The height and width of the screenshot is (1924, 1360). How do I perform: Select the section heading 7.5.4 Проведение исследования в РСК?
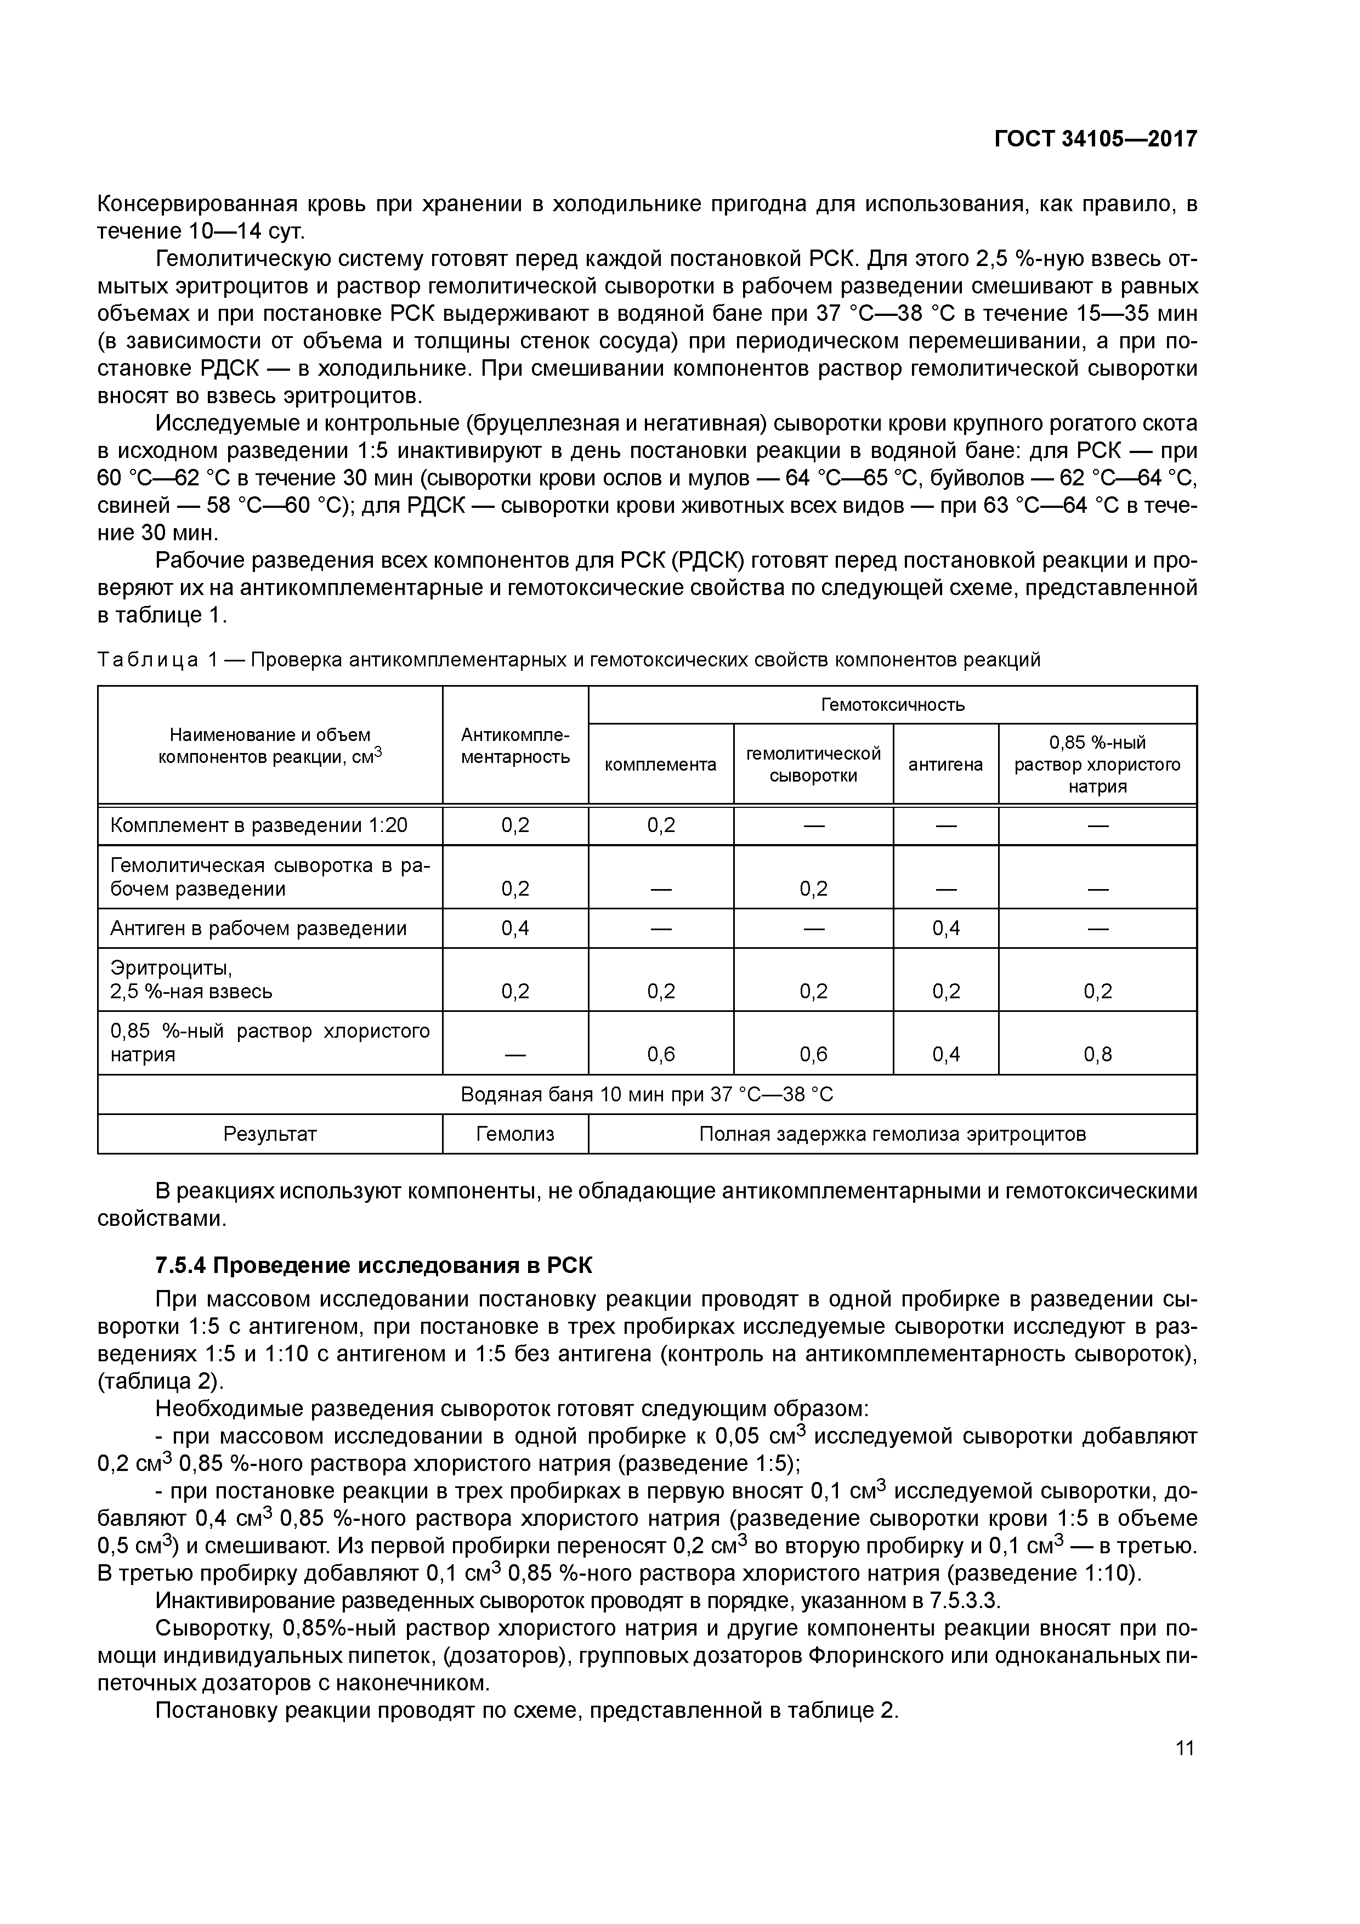374,1265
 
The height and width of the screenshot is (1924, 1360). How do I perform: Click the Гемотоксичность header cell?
892,705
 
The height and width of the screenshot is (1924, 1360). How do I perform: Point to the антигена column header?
945,764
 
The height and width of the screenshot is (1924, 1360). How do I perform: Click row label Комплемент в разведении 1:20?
259,825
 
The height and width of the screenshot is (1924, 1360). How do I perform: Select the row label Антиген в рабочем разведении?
259,929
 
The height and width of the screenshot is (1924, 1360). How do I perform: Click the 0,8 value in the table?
1098,1054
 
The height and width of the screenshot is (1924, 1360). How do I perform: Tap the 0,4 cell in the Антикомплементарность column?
515,929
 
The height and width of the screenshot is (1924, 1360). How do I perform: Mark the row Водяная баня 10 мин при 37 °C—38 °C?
647,1094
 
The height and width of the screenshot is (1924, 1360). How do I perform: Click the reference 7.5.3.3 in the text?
965,1602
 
